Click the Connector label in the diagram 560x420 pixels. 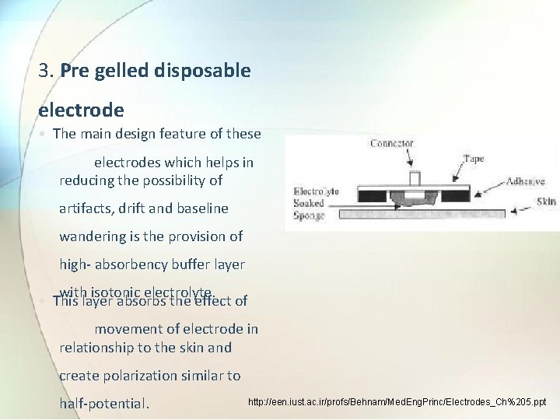tap(391, 143)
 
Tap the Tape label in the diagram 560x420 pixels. tap(473, 158)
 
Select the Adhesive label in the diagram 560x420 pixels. tap(525, 181)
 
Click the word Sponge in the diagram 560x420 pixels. tap(310, 215)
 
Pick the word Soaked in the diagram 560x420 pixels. tap(309, 203)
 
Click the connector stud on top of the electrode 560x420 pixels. tap(415, 178)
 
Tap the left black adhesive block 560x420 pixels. tap(380, 193)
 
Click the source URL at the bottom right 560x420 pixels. tap(397, 403)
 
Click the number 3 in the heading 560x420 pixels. tap(44, 71)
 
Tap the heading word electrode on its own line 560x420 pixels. tap(81, 110)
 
